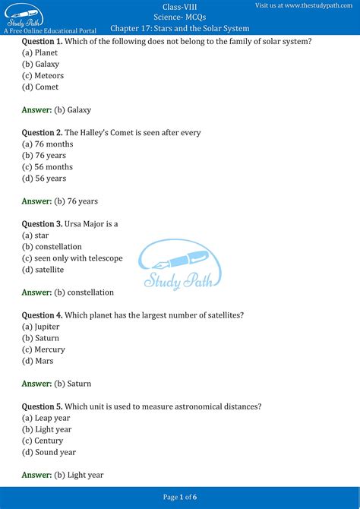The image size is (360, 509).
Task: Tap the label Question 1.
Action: (x=42, y=41)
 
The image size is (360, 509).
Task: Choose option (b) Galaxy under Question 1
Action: (x=40, y=65)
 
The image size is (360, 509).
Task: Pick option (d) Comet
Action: (x=40, y=87)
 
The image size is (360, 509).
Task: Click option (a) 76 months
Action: (x=47, y=144)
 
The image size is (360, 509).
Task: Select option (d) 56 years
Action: (x=44, y=179)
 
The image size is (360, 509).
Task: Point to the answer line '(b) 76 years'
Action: (x=76, y=201)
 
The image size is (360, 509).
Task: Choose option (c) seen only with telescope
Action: (x=72, y=258)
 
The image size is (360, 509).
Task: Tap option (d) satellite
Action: (x=43, y=270)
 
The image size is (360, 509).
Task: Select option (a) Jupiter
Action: (x=41, y=327)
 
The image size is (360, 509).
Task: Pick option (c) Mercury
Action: (x=44, y=349)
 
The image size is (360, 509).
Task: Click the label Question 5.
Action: (x=42, y=406)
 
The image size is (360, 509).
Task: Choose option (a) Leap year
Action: (x=46, y=418)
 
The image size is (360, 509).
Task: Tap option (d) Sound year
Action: (x=49, y=452)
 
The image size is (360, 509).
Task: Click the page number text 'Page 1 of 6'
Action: (x=180, y=497)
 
